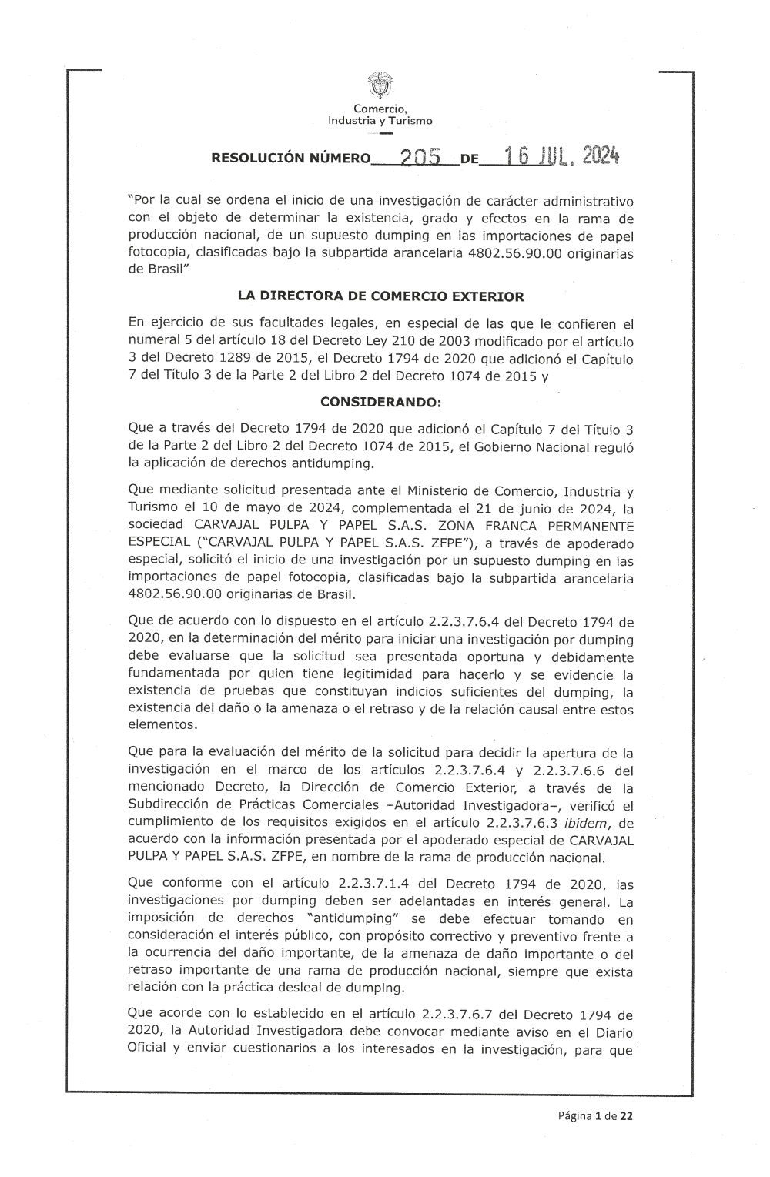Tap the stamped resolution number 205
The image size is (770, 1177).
pyautogui.click(x=419, y=157)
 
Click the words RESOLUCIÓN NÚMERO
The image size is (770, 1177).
pyautogui.click(x=290, y=159)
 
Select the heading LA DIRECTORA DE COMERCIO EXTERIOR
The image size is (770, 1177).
pyautogui.click(x=381, y=296)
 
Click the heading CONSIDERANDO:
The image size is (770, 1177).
pyautogui.click(x=380, y=402)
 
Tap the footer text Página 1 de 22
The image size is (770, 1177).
pyautogui.click(x=595, y=1115)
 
